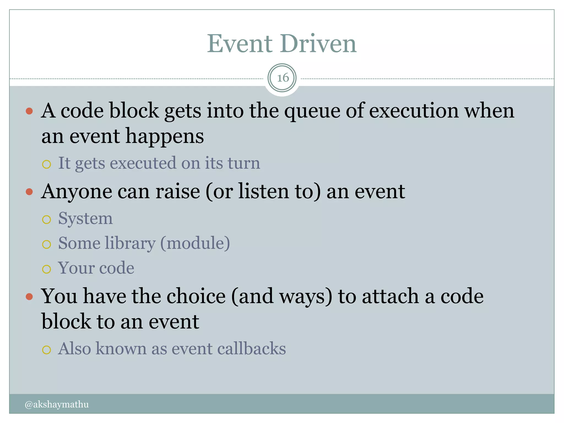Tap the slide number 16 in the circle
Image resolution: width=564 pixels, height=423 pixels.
click(282, 78)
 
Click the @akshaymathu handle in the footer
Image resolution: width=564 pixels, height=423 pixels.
click(57, 404)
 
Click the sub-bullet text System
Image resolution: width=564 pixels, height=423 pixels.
click(85, 219)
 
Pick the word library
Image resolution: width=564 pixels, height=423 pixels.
click(130, 244)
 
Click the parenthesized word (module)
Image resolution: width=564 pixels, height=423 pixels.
click(195, 243)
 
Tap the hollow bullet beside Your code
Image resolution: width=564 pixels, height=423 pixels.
click(47, 269)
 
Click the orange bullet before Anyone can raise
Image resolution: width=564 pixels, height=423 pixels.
click(29, 192)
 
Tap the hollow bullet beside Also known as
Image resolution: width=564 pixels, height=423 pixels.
click(47, 350)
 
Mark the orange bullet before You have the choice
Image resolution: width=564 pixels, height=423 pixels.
click(29, 297)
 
